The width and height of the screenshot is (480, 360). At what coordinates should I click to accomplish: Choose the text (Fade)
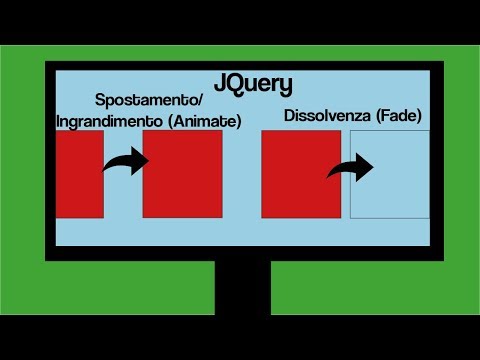(x=394, y=116)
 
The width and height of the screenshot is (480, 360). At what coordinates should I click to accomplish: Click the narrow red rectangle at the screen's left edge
(x=79, y=173)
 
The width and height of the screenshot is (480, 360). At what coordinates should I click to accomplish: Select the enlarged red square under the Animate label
(x=182, y=173)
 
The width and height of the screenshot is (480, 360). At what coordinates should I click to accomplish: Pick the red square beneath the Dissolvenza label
(x=300, y=173)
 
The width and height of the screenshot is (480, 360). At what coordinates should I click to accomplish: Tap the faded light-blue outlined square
(x=390, y=175)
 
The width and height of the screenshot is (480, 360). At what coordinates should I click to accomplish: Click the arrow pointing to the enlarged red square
(x=124, y=160)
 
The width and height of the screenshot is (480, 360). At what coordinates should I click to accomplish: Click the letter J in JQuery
(x=221, y=82)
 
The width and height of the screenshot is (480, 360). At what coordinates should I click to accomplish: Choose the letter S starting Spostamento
(x=100, y=102)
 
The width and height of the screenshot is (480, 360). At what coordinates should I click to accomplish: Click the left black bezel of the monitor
(x=50, y=160)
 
